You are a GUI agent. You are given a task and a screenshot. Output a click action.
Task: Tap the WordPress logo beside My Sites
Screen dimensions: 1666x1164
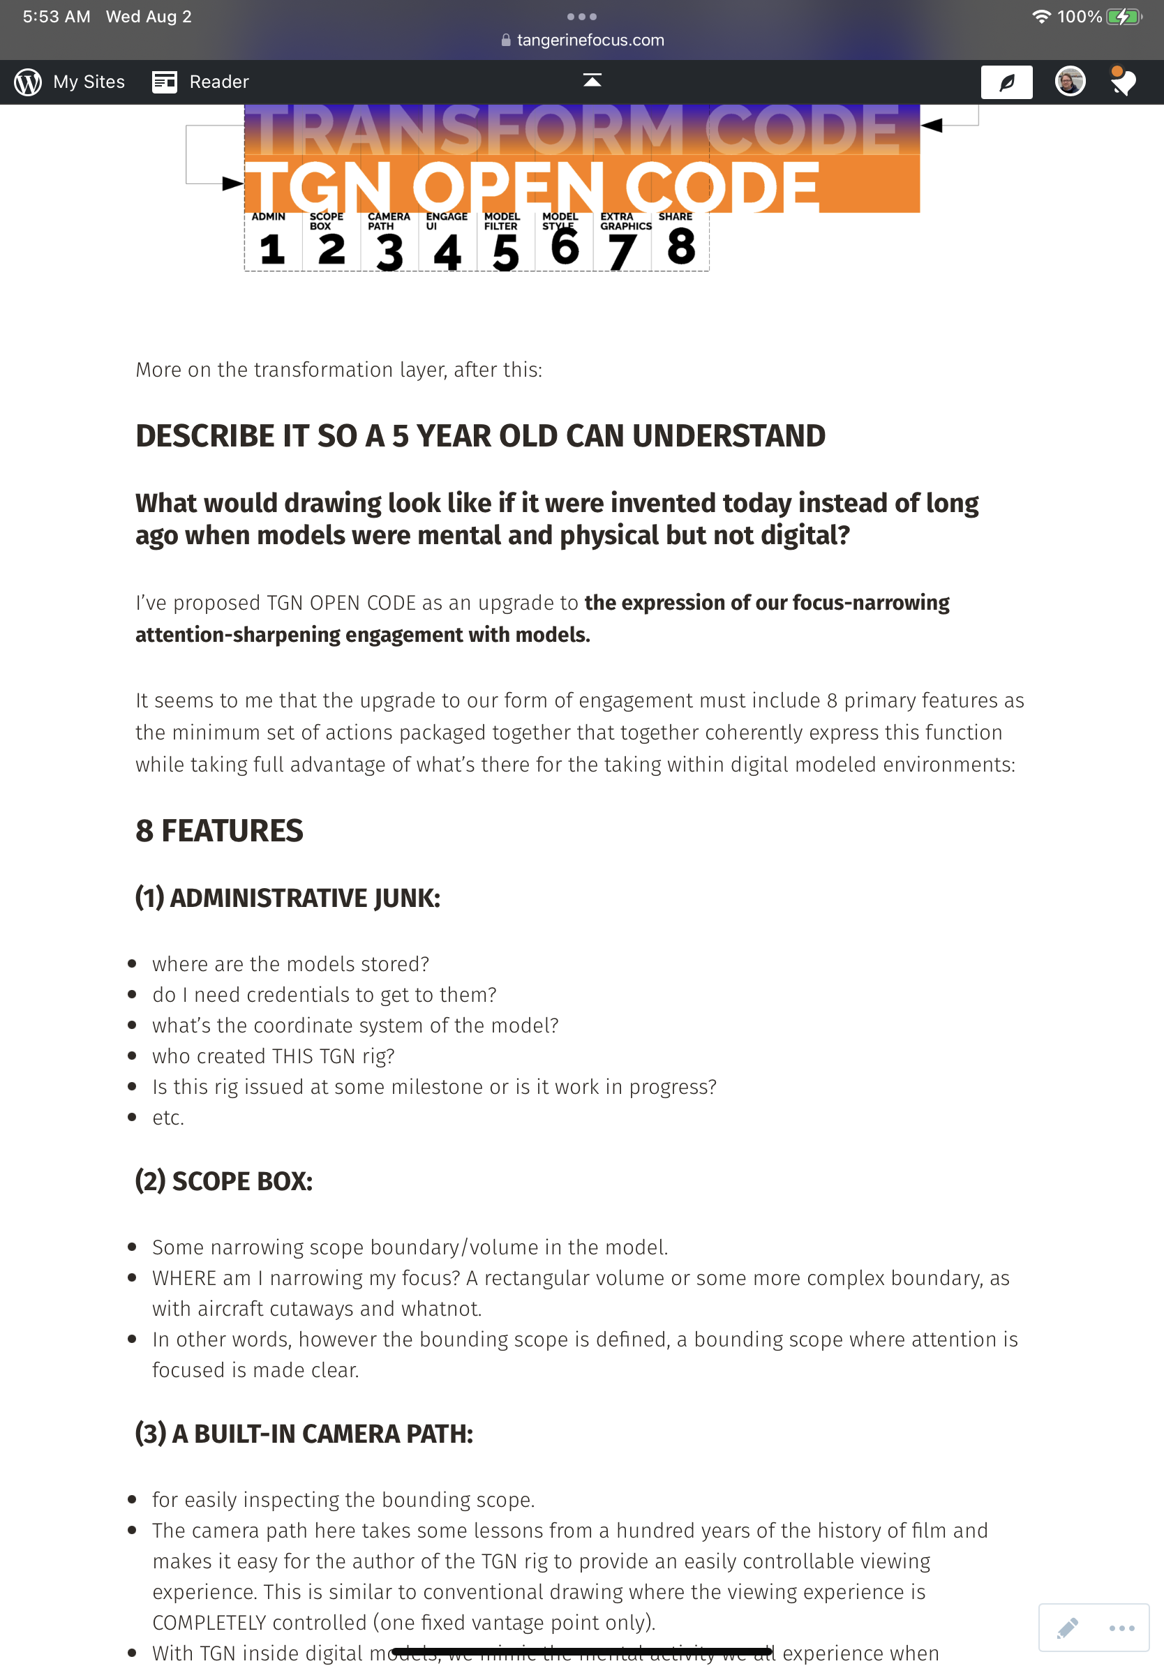(29, 82)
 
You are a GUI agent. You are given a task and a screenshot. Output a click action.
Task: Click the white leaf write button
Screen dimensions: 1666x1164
(1006, 82)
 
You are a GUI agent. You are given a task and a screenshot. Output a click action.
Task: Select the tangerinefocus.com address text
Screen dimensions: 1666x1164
(590, 40)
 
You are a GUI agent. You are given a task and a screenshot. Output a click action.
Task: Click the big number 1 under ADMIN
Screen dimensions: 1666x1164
(272, 250)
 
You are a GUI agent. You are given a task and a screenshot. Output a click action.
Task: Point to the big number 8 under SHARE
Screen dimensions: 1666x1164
(680, 247)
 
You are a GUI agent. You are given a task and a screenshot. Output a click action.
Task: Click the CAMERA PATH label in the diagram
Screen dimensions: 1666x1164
(388, 221)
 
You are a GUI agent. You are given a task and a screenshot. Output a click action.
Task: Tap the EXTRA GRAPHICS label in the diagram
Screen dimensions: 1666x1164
(625, 221)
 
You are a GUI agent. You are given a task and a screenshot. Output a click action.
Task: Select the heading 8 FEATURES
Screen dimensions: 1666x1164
(219, 831)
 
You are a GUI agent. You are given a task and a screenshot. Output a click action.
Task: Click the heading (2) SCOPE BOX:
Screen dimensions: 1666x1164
(223, 1181)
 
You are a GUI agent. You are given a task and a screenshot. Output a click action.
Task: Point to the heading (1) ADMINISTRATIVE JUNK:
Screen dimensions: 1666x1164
(288, 899)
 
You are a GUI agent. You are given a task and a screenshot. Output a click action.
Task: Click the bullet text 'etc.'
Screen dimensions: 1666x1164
(168, 1118)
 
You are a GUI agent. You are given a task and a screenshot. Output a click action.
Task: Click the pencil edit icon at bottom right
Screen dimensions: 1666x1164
(1067, 1628)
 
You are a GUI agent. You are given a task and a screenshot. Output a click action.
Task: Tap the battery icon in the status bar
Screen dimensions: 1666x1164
(1124, 17)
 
